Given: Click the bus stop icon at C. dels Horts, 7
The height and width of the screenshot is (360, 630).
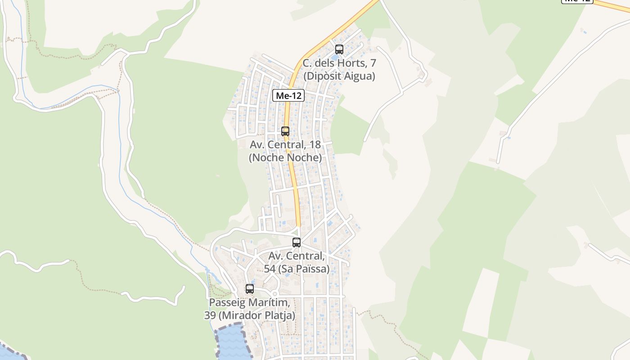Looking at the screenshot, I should (x=339, y=49).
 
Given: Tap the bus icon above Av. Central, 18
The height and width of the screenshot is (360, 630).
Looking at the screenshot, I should (x=285, y=131).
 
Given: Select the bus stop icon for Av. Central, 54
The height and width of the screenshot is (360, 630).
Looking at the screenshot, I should (x=297, y=243).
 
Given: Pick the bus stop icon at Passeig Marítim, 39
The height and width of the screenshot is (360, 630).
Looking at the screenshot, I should (x=250, y=289).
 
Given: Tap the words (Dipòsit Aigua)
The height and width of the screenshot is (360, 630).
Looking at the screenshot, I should (x=339, y=76).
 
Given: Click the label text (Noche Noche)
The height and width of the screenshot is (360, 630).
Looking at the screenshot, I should (x=285, y=158).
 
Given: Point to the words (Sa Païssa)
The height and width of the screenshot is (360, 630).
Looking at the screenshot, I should (x=303, y=269).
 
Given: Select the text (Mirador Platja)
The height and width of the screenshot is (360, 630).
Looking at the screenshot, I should (x=257, y=315).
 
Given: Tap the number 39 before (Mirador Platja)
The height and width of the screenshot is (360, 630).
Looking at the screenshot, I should (x=210, y=315).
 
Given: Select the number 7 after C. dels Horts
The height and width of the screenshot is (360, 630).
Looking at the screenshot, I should (x=372, y=63).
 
